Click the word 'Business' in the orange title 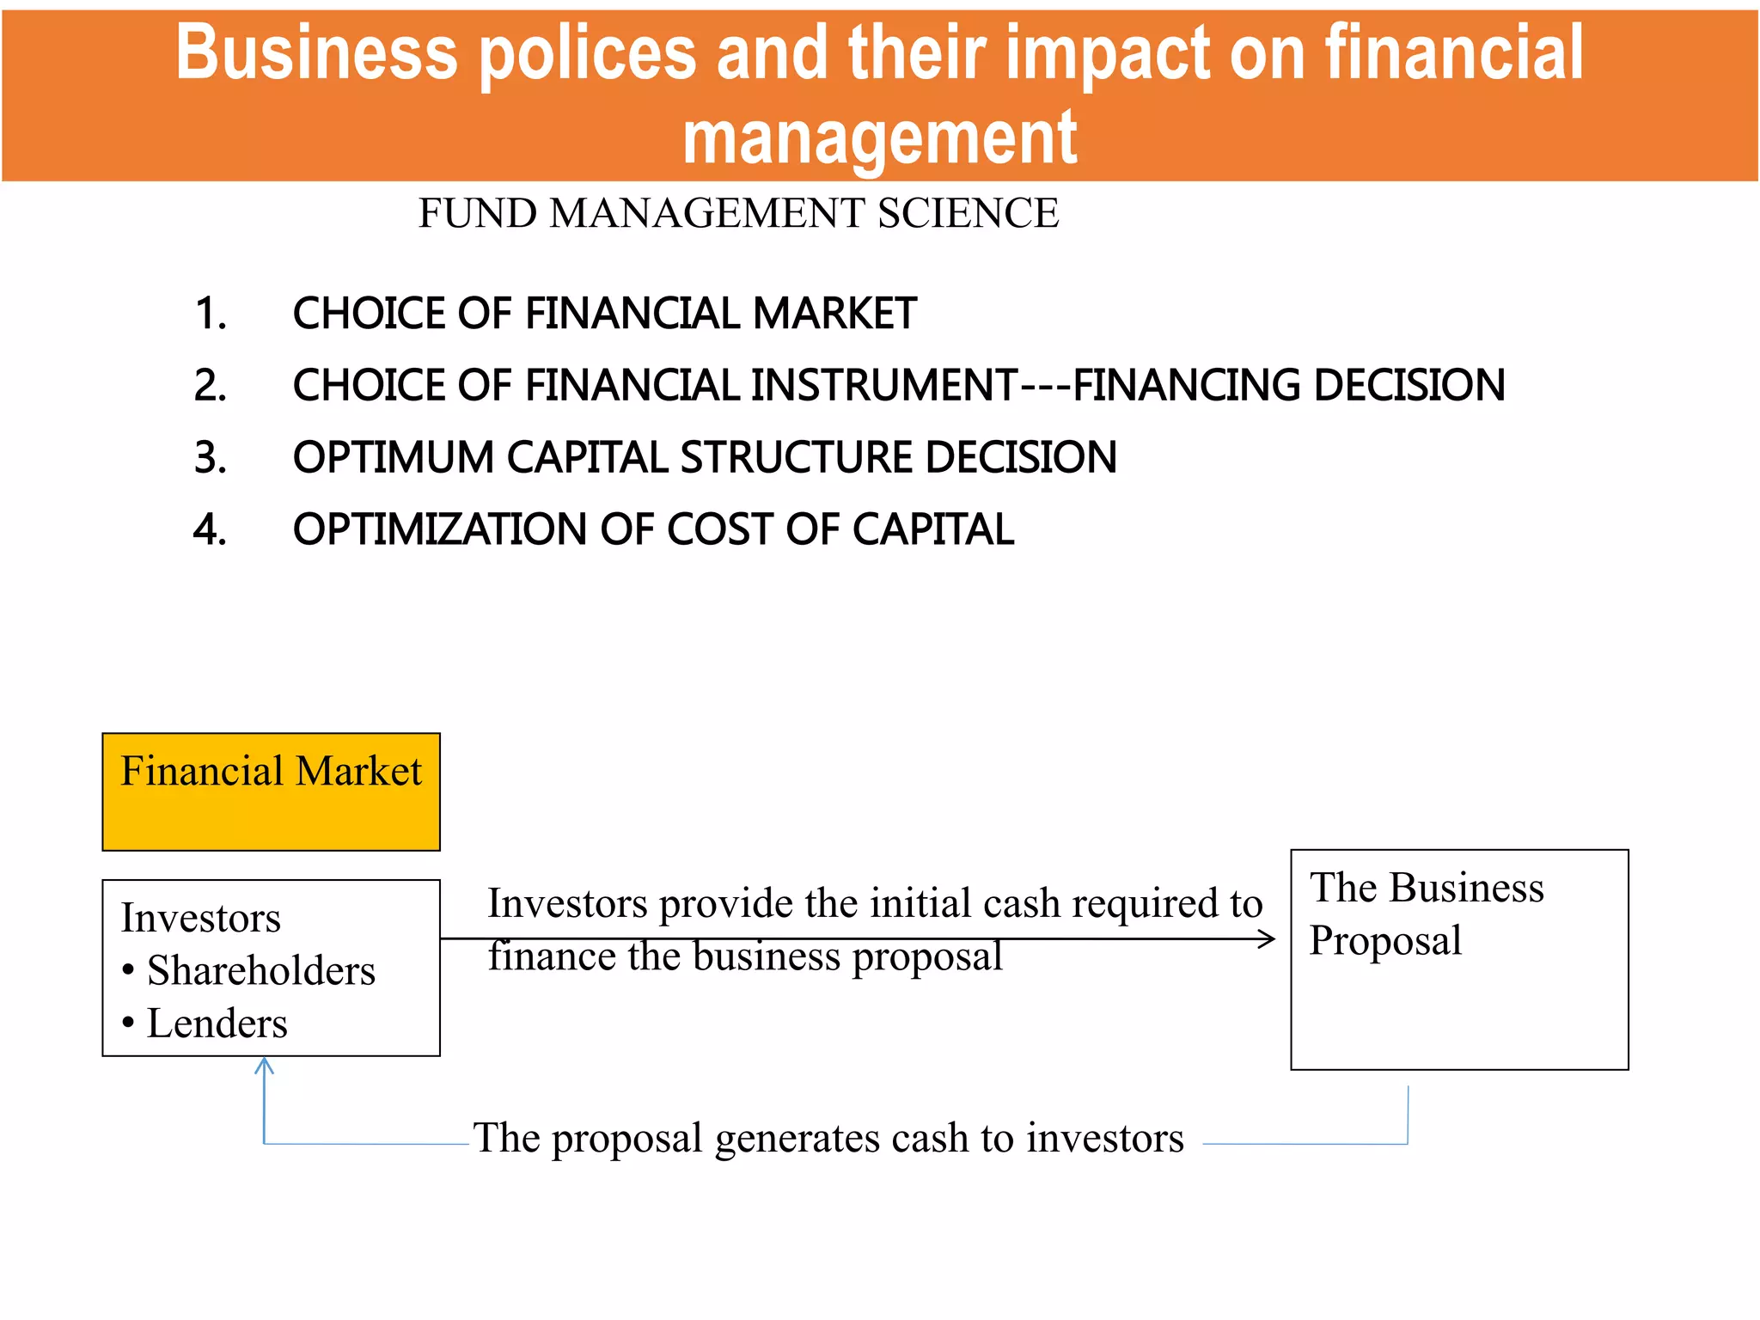click(x=315, y=53)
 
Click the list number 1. click(x=210, y=314)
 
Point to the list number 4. click(x=210, y=529)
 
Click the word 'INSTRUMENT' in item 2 click(x=883, y=385)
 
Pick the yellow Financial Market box click(x=271, y=791)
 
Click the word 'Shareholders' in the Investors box click(x=261, y=971)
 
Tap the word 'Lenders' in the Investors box click(x=217, y=1024)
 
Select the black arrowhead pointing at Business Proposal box click(x=1268, y=938)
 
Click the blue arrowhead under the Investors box click(x=265, y=1066)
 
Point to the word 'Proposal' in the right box click(x=1385, y=940)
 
